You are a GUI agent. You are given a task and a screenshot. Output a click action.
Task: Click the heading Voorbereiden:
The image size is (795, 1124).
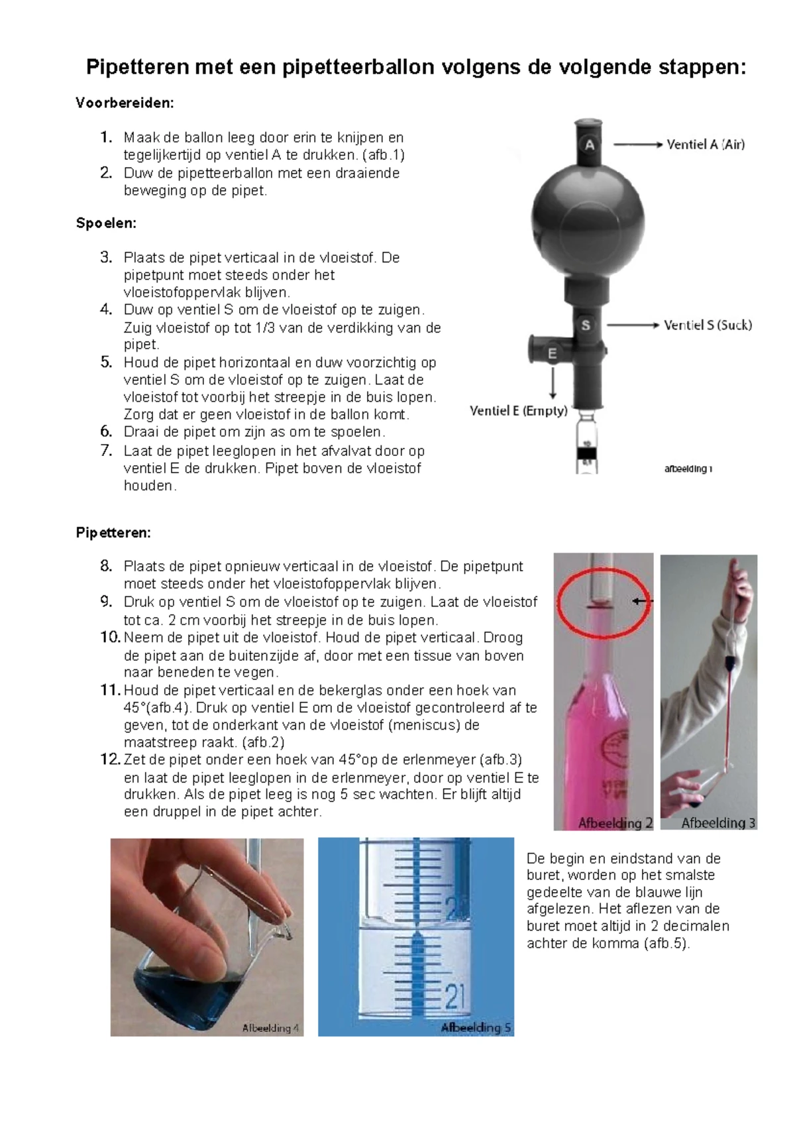pos(125,103)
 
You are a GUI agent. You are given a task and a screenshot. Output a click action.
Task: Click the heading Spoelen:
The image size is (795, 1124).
pos(106,223)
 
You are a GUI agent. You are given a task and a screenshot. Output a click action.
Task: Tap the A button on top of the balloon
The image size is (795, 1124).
pos(590,145)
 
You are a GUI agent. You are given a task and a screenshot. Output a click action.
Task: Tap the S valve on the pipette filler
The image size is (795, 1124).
pos(586,325)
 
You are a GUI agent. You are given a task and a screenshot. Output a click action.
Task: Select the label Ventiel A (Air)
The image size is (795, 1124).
pos(706,144)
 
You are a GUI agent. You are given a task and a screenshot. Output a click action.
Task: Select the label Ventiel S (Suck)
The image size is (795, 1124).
pos(708,325)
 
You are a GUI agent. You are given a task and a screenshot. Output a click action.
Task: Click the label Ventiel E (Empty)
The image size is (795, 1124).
pos(518,411)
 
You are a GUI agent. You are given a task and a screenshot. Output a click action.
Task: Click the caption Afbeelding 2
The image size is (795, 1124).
pos(615,823)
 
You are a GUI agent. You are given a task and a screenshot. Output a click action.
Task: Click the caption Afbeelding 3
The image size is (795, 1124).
pos(718,822)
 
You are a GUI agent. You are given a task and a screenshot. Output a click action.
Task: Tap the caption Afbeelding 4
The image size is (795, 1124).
pos(270,1028)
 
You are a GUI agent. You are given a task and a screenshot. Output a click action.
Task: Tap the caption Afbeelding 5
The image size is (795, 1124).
pos(476,1028)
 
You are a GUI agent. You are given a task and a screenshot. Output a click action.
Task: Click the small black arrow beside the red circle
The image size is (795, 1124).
pos(641,601)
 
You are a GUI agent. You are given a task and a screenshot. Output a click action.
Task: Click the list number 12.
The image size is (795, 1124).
pos(110,759)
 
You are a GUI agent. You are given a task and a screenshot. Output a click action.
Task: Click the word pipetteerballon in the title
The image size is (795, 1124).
pos(349,67)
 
